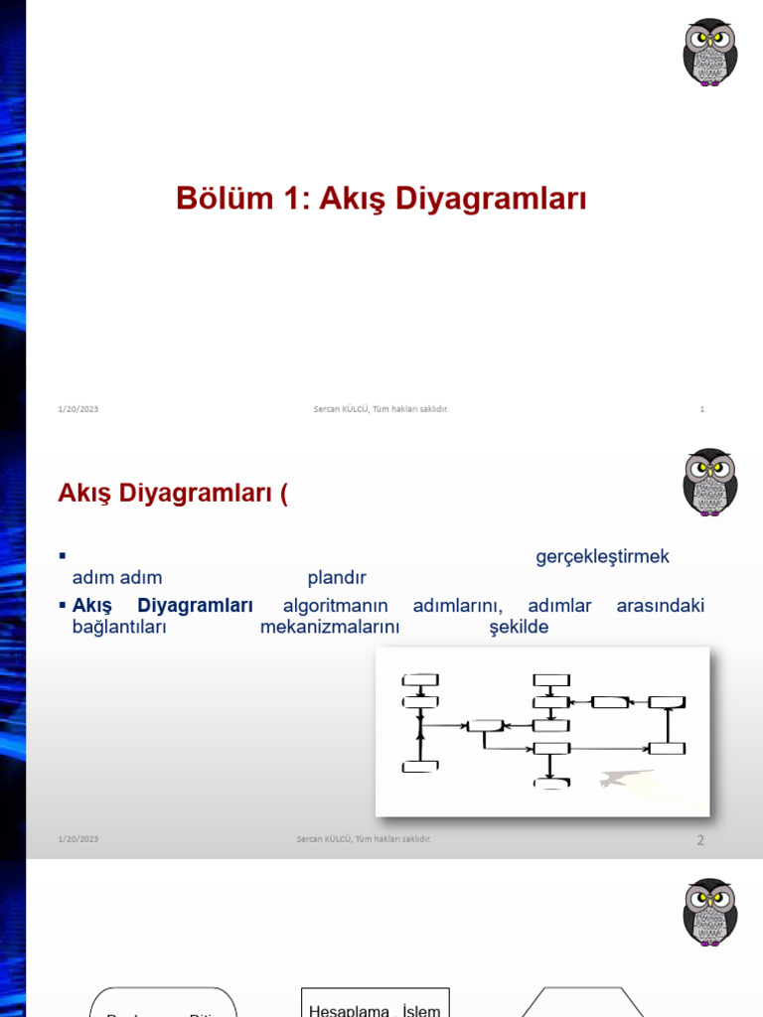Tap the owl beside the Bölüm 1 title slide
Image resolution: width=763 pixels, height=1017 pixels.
coord(709,52)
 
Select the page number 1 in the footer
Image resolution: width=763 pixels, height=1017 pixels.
coord(701,409)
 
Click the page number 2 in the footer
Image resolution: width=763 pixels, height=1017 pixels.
coord(700,840)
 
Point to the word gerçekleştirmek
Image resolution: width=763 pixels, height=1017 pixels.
coord(603,557)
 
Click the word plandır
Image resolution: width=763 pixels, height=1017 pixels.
coord(337,578)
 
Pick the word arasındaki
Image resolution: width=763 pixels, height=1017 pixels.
coord(660,606)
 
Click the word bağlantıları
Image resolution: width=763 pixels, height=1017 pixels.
coord(119,628)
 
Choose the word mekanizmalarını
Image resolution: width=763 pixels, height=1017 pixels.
coord(330,628)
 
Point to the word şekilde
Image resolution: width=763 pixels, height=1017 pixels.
coord(519,628)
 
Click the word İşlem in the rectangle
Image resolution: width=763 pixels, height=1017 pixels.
coord(420,1010)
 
